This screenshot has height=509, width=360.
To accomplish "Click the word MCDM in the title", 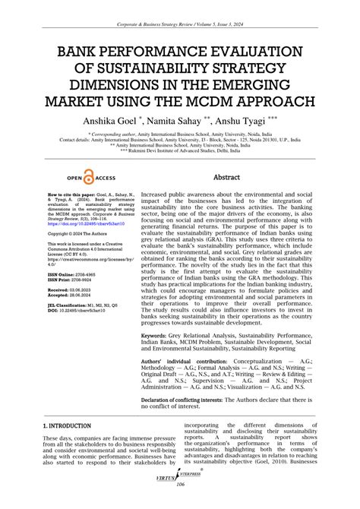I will pos(221,101).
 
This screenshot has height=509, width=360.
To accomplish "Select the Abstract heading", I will pos(226,176).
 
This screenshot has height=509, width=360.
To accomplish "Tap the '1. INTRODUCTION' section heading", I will pos(71,427).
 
